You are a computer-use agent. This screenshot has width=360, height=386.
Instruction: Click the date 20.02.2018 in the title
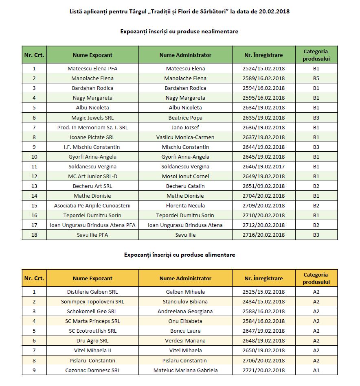274,11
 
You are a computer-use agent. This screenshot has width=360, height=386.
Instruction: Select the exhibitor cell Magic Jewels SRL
92,118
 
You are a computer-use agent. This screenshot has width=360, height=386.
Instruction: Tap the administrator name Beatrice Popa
185,118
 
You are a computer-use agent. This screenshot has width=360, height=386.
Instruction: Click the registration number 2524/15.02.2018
263,68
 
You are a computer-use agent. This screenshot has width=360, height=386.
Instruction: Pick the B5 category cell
316,78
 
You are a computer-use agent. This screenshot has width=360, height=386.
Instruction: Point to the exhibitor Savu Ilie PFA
92,235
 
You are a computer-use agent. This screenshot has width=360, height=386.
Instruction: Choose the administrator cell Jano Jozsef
185,127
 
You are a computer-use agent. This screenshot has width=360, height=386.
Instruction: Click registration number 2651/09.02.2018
263,186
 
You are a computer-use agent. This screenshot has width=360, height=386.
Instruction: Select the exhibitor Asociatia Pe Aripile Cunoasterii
92,205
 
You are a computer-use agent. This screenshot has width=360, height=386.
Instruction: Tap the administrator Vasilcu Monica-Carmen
185,137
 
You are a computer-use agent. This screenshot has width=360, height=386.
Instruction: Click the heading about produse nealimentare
179,31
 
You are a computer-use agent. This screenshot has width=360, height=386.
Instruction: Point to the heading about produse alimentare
179,255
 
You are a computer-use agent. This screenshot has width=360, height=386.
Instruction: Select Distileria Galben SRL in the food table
92,292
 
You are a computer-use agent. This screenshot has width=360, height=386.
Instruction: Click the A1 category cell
316,370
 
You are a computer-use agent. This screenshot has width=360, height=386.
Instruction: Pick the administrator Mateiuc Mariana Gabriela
185,370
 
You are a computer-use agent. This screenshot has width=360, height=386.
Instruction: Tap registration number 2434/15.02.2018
263,301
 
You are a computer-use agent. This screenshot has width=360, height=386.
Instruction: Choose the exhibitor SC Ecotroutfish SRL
92,331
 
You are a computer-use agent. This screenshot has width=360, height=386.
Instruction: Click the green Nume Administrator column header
185,55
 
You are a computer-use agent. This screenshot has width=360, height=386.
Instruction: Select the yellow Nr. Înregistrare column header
263,278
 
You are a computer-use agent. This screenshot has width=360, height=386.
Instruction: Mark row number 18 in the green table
34,235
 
